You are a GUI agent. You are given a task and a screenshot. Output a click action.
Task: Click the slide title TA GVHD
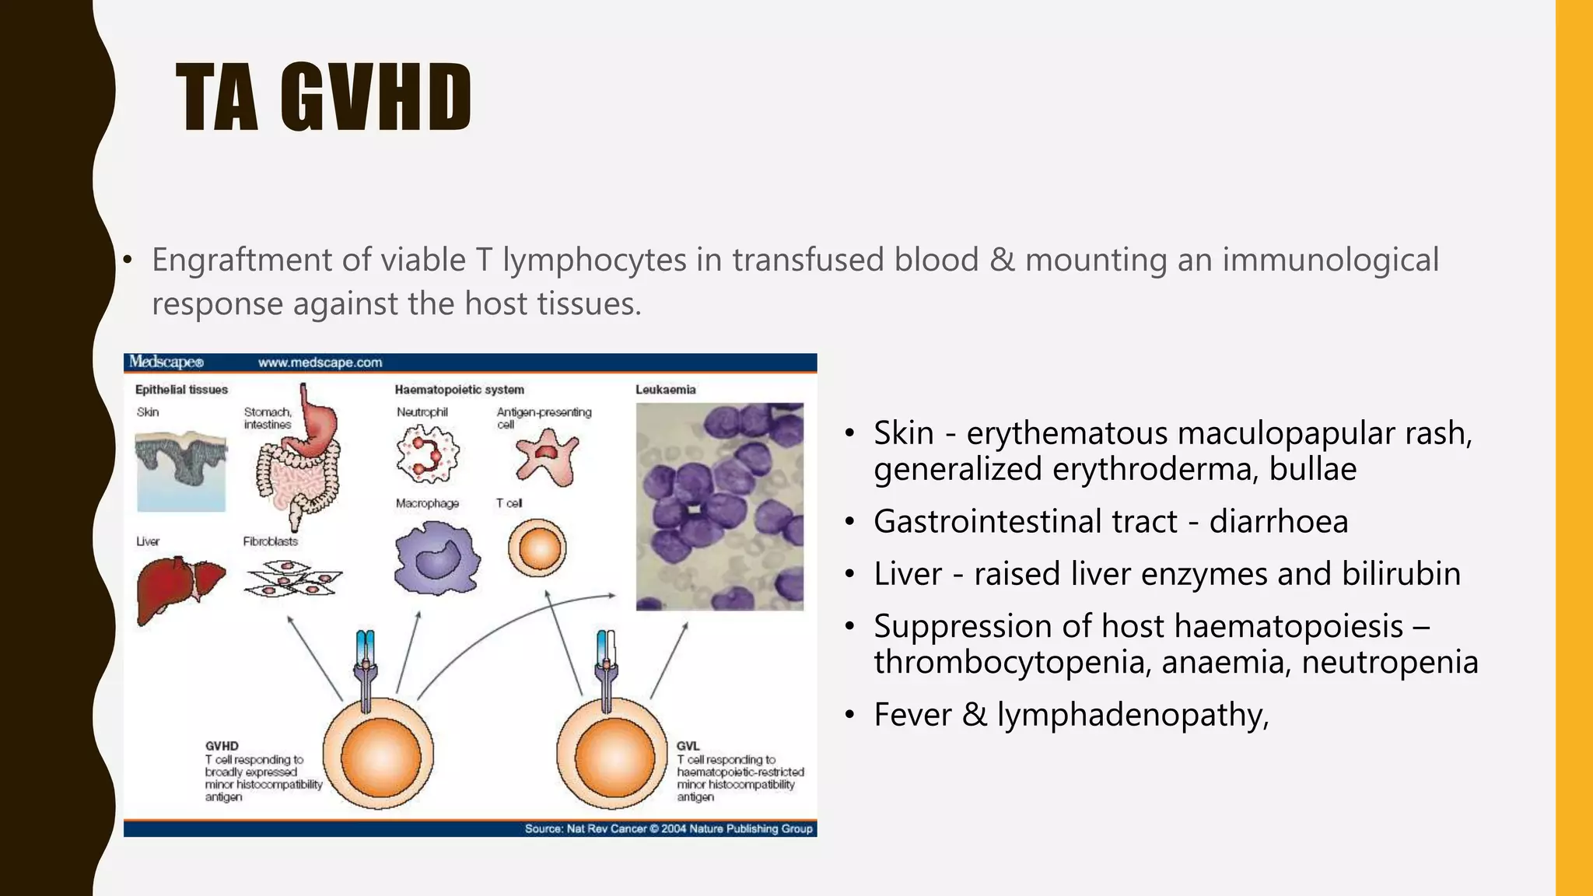tap(324, 97)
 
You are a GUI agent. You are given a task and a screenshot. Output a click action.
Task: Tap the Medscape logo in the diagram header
tap(166, 362)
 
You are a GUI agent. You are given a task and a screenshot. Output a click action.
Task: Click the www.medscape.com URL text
tap(320, 362)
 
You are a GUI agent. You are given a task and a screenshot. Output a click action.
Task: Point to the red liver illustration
tap(179, 587)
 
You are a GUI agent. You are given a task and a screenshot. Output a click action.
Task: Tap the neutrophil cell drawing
tap(427, 455)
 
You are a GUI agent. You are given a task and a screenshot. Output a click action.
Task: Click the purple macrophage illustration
tap(436, 557)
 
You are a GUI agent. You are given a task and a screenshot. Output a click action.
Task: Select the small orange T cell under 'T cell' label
tap(537, 548)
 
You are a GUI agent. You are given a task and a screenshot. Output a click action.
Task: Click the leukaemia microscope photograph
tap(719, 506)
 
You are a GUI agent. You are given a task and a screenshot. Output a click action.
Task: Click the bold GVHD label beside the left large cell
tap(222, 746)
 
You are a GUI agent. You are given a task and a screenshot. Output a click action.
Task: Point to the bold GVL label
tap(688, 746)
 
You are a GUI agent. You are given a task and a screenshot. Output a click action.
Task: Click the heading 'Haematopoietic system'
tap(459, 390)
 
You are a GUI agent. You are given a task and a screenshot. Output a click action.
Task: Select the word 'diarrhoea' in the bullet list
tap(1278, 522)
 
